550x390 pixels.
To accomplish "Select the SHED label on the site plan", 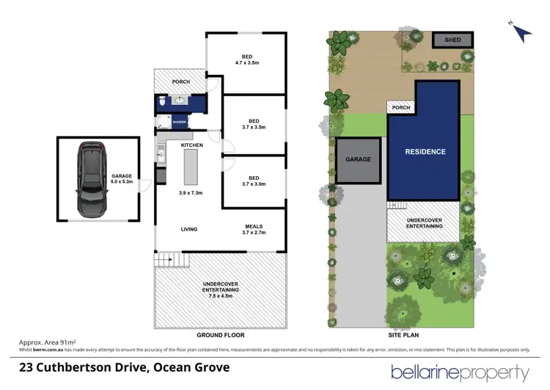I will pyautogui.click(x=452, y=40).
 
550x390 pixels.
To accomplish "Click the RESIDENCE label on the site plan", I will pyautogui.click(x=425, y=152).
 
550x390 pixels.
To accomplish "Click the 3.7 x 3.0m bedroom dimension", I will pyautogui.click(x=254, y=185).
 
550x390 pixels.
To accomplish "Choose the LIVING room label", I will pyautogui.click(x=189, y=230).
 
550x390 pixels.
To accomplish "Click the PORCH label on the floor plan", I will pyautogui.click(x=180, y=82).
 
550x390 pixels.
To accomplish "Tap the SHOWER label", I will pyautogui.click(x=179, y=122).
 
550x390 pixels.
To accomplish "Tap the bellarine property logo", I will pyautogui.click(x=460, y=372).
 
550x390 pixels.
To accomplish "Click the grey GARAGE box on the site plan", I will pyautogui.click(x=359, y=159).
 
